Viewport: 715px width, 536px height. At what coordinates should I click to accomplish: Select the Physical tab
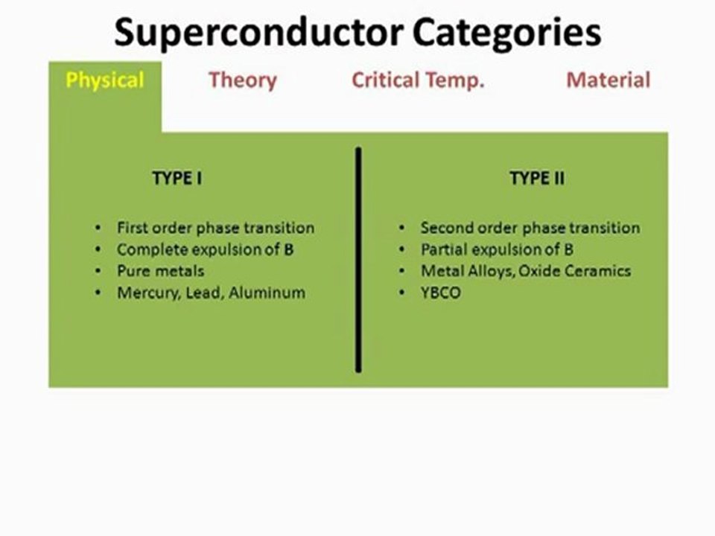point(105,80)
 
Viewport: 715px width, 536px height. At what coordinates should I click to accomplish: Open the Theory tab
point(243,80)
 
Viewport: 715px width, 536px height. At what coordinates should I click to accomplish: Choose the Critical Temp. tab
point(418,80)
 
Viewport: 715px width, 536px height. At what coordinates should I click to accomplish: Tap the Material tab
point(608,80)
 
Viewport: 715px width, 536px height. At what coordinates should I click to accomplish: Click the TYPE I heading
point(177,178)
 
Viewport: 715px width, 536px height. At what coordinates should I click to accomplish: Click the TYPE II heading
point(537,178)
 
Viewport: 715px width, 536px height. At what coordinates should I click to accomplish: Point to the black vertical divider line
point(358,260)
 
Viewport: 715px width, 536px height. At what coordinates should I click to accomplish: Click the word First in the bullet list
point(133,228)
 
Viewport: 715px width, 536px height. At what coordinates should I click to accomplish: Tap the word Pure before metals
point(130,271)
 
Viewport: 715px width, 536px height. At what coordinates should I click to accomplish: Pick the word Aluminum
point(267,292)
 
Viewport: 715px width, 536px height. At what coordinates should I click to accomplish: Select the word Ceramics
point(597,271)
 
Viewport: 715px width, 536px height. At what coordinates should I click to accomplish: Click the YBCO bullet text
point(440,293)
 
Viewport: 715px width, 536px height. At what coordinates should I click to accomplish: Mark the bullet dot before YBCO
point(401,293)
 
